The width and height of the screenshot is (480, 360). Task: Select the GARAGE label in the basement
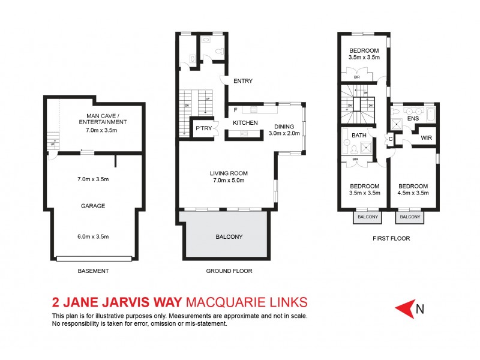coord(93,206)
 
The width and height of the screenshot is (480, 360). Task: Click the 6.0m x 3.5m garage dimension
coord(93,236)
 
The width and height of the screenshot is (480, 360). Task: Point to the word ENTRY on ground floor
coord(242,81)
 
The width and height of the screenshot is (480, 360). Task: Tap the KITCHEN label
coord(245,123)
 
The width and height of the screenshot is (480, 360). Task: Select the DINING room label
coord(284,127)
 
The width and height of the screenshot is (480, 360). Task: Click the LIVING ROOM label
coord(229,174)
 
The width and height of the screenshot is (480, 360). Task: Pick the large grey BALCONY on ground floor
coord(229,236)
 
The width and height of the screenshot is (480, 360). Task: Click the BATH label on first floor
coord(359,136)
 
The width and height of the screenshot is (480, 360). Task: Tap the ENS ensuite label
coord(413,119)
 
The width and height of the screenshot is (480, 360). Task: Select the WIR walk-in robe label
coord(427,138)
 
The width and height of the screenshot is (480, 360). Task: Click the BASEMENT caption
coord(93,271)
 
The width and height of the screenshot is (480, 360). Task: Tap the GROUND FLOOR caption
coord(229,271)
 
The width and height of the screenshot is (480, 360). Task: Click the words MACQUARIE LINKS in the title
coord(247,301)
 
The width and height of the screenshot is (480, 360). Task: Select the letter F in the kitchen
coord(235,110)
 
